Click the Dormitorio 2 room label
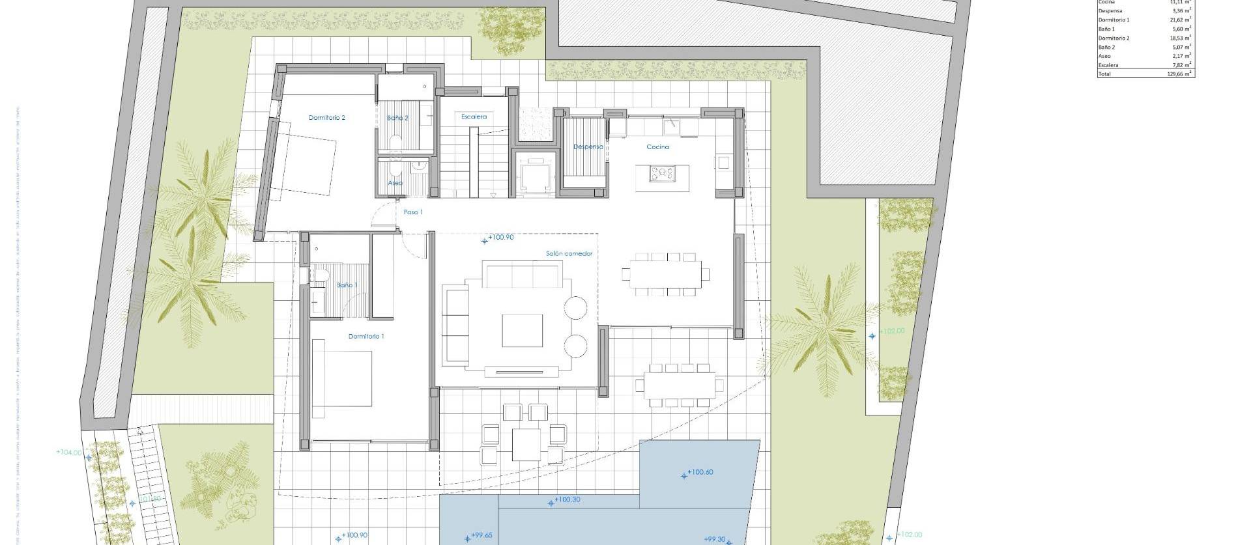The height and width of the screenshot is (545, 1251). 326,118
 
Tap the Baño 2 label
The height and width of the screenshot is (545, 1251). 397,118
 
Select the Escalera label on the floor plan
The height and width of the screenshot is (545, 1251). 474,117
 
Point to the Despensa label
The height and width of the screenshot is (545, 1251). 588,147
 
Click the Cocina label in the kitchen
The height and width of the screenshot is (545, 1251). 657,147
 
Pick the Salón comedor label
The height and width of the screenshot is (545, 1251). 569,254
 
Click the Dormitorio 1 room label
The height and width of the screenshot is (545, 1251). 366,337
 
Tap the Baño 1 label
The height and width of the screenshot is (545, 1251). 347,285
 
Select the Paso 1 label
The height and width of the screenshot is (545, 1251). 412,212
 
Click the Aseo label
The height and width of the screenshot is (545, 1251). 395,183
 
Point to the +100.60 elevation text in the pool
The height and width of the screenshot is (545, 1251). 700,472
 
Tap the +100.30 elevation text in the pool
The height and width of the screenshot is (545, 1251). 566,500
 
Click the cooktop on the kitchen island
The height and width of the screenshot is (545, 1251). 662,173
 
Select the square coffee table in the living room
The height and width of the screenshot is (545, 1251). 522,331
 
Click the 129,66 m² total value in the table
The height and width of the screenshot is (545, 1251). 1179,74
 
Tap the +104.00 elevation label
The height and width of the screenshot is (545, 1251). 69,452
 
